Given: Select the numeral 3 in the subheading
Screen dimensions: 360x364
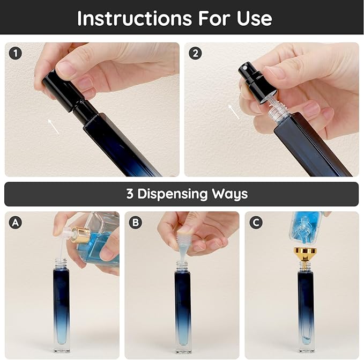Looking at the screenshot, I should (130, 194).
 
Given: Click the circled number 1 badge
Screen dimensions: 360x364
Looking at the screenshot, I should (16, 53).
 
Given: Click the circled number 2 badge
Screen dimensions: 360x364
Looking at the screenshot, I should (195, 53).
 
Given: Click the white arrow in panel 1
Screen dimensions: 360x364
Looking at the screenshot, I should (52, 127).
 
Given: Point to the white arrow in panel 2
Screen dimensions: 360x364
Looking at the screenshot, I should (234, 112).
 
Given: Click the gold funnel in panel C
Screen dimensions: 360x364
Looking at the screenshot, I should (304, 255).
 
